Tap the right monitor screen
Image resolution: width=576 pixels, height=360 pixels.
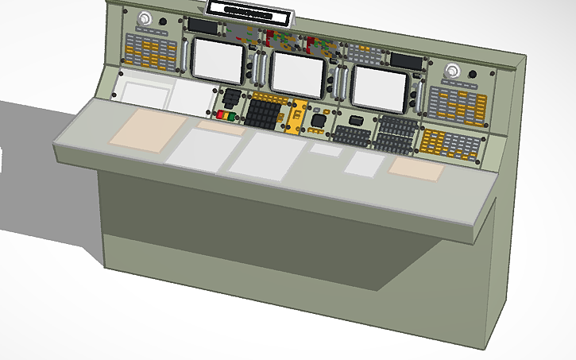tap(379, 84)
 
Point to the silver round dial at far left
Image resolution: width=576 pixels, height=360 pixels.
tap(145, 21)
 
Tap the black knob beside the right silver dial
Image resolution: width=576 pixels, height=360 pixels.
tap(473, 77)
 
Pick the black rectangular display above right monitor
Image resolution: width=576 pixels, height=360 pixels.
tap(405, 60)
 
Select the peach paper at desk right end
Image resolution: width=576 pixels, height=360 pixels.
tap(416, 168)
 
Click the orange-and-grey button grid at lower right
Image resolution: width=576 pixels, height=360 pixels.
tap(450, 145)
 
